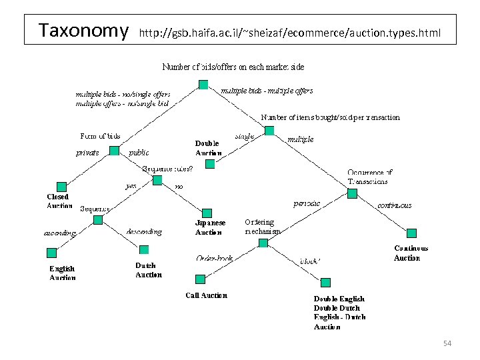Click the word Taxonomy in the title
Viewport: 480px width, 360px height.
pos(83,30)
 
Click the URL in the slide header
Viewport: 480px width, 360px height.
pos(290,31)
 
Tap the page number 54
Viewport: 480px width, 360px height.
pos(447,343)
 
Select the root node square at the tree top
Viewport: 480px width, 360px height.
pos(203,84)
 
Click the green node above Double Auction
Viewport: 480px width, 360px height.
pos(211,163)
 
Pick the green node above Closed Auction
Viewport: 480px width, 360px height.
pos(62,187)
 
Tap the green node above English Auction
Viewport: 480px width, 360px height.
pos(52,253)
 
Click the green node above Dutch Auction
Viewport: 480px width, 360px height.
pos(143,249)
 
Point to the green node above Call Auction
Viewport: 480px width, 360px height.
pos(199,279)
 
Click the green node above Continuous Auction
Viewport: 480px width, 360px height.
pos(411,233)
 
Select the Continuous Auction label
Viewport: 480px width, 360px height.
pos(411,253)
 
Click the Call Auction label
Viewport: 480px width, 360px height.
pos(206,295)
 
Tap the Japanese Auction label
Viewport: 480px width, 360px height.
pos(210,227)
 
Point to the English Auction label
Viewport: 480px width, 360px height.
pos(62,273)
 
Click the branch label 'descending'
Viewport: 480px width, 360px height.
pos(144,232)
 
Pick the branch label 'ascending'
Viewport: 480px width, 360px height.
pos(60,233)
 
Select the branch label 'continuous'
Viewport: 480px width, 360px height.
pos(395,205)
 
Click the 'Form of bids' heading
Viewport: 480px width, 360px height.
pos(100,136)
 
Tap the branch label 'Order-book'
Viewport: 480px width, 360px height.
pos(213,257)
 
